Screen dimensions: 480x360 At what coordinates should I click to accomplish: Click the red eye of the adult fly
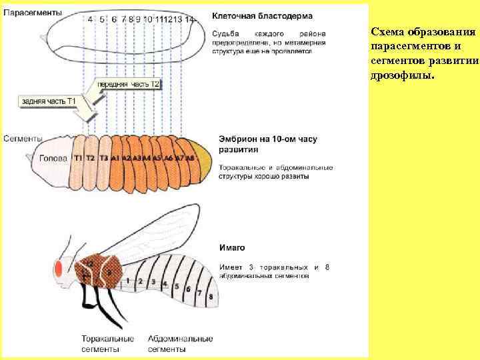[59, 269]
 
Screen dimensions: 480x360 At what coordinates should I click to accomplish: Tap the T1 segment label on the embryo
[79, 158]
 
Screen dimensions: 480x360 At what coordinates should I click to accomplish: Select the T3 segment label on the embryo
[103, 158]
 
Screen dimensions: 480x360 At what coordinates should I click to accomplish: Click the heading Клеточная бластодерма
[261, 15]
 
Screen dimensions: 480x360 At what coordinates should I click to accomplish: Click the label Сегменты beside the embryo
[24, 139]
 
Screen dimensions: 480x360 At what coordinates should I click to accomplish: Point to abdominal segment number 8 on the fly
[211, 295]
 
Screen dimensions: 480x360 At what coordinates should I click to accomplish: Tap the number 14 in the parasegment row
[190, 19]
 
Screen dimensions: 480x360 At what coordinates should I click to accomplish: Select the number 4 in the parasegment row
[90, 19]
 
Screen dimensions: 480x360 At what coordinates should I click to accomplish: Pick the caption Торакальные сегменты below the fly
[108, 343]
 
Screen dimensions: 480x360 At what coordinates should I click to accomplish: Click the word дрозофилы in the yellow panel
[402, 75]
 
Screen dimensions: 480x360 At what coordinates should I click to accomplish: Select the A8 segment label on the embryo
[190, 158]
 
